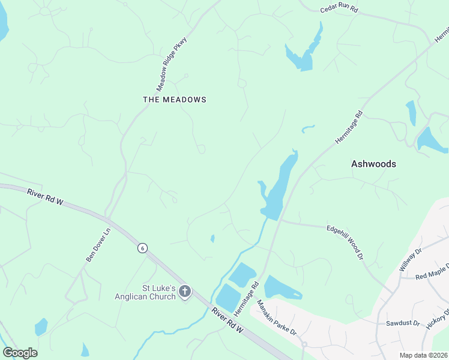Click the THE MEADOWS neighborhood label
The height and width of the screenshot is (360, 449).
(x=175, y=100)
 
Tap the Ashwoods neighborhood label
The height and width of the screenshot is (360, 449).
(x=373, y=163)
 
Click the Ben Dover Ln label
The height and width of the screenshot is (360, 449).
(x=98, y=245)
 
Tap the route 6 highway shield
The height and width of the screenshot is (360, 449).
(x=142, y=248)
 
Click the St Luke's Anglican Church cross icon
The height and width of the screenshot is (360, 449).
(x=185, y=292)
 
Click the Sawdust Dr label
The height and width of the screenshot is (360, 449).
(x=402, y=323)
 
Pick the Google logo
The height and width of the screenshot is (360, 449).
(x=20, y=352)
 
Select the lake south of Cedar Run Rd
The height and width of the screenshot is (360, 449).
(x=305, y=53)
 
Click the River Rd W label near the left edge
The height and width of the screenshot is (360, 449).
(x=45, y=197)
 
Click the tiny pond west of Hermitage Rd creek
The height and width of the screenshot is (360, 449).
(x=212, y=238)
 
